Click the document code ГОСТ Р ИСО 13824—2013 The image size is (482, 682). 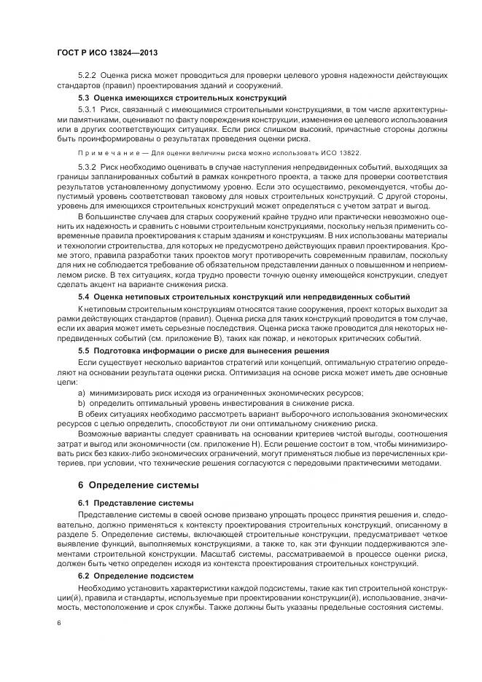pos(107,53)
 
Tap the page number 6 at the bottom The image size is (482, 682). pos(59,624)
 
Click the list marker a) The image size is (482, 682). pos(82,393)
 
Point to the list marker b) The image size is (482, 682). pos(82,403)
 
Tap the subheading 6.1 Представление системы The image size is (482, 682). pos(136,503)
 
